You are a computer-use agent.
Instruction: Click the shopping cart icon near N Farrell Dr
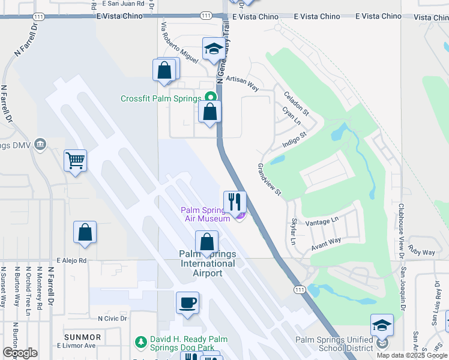coord(76,160)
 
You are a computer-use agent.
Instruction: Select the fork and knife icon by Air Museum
coord(235,202)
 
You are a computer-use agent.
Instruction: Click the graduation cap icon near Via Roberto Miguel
coord(213,49)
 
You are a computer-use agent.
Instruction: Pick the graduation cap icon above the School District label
coord(382,325)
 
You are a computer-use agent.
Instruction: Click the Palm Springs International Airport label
coord(207,263)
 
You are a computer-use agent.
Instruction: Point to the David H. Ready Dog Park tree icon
coord(140,341)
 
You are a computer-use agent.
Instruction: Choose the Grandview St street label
coord(270,179)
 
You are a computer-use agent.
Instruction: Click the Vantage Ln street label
coord(322,221)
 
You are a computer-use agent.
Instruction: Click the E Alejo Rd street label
coord(72,261)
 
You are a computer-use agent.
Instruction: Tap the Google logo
coord(20,353)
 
